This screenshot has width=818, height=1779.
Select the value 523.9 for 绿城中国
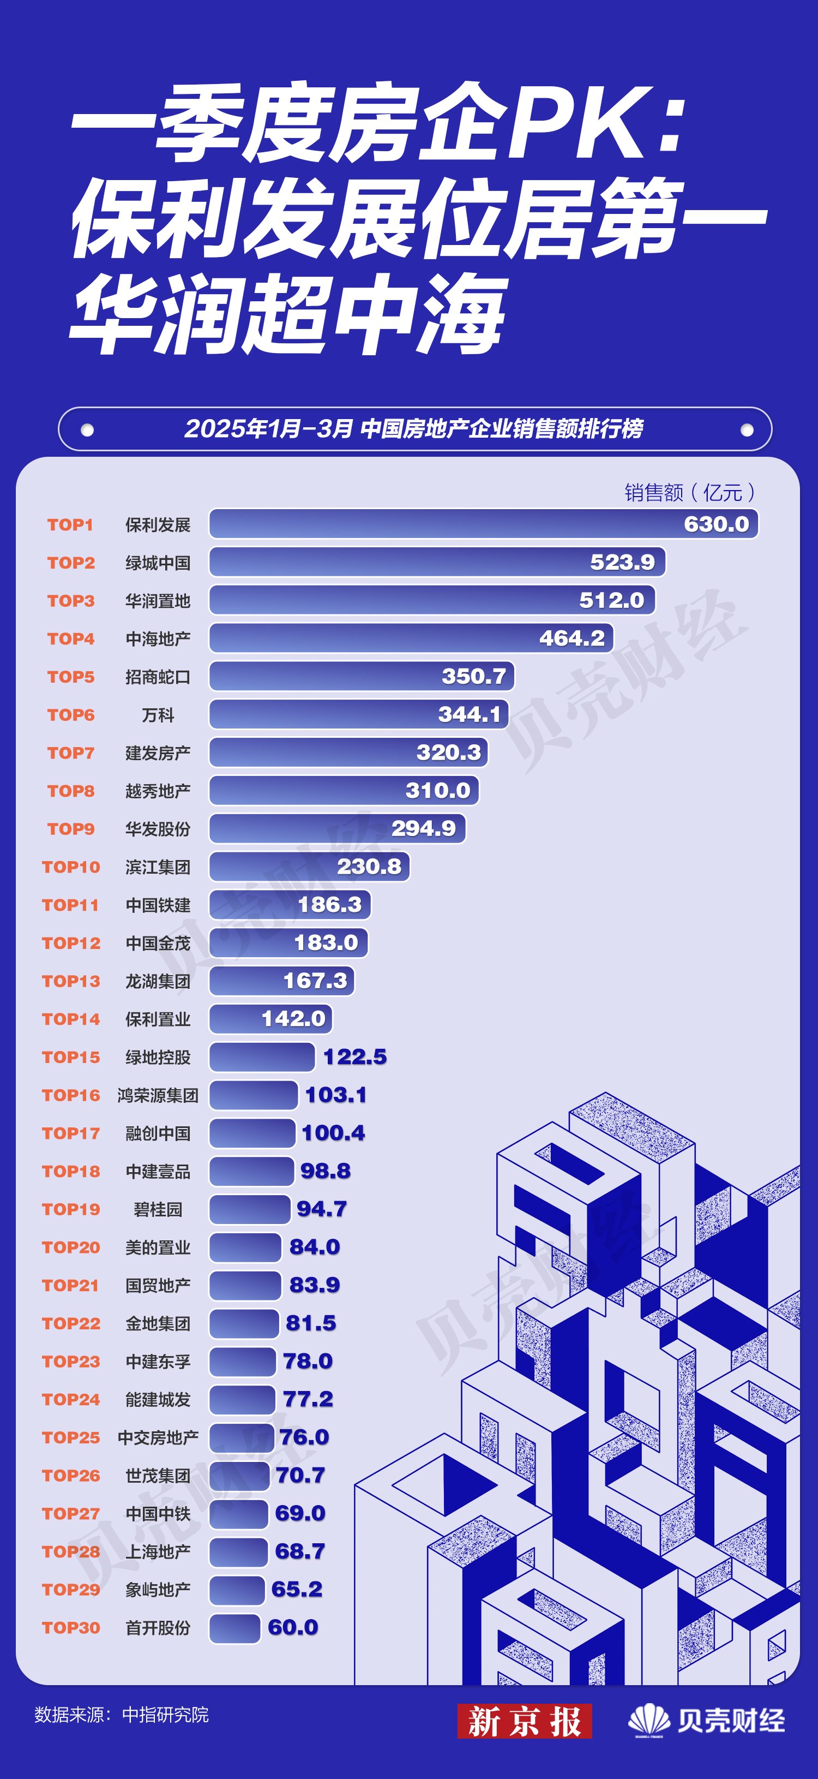coord(622,562)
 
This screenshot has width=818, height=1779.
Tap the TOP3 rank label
coord(70,601)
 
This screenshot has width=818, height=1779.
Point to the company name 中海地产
coord(158,639)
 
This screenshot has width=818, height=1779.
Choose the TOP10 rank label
coord(70,867)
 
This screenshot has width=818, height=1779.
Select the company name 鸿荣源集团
coord(158,1095)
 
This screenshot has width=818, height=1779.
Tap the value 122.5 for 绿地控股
coord(355,1056)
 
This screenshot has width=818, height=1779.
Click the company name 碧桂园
coord(158,1209)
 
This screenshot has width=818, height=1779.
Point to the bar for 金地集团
coord(244,1323)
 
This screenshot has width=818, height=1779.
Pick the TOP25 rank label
coord(70,1437)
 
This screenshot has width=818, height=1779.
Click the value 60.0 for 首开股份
coord(293,1627)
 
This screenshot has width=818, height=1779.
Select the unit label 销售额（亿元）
coord(689,492)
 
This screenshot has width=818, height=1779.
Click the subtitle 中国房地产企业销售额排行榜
coord(502,429)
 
